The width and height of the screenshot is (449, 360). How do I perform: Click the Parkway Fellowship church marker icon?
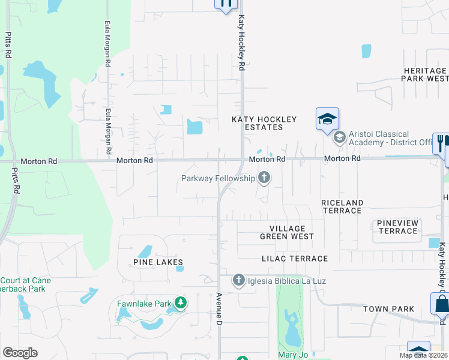(x=264, y=178)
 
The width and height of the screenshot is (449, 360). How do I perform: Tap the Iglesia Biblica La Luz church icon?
(x=239, y=280)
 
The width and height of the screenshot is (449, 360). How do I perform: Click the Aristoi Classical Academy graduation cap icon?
(x=339, y=138)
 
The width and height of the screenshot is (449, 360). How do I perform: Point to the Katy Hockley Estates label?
(x=257, y=124)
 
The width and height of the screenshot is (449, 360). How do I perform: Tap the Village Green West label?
(x=287, y=232)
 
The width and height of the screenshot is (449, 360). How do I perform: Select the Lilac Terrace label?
(x=295, y=259)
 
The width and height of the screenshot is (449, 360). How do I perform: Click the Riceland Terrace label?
(x=342, y=206)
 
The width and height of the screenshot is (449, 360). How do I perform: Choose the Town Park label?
(x=388, y=309)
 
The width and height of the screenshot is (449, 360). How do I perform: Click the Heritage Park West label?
(x=425, y=74)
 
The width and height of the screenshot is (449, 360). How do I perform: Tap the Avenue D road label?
(x=220, y=309)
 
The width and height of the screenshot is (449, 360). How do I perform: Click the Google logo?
(x=20, y=353)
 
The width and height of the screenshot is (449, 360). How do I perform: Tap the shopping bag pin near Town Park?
(x=440, y=304)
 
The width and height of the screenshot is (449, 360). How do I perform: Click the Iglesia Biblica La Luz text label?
(x=286, y=280)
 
